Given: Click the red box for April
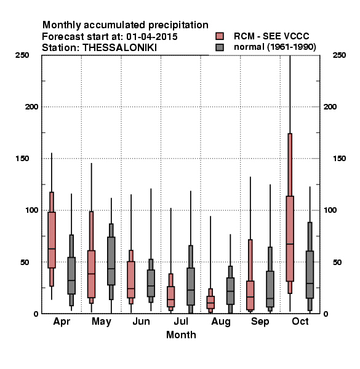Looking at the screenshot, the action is (x=52, y=240).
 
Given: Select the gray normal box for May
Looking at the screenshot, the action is (x=111, y=261).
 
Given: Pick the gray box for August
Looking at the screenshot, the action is (x=230, y=291).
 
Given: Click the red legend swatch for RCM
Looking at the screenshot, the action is (x=220, y=36).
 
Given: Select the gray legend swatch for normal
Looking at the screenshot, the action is (x=220, y=47).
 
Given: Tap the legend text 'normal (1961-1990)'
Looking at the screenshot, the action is (x=274, y=47).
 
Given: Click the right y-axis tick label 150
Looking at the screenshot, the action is (x=339, y=159).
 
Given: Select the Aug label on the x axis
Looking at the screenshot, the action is (x=221, y=322).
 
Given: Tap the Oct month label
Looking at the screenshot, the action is (x=300, y=321).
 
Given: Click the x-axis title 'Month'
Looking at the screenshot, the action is (x=181, y=335).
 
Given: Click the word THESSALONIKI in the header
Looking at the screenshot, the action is (x=119, y=48).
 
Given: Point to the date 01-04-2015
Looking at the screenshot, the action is (x=152, y=37).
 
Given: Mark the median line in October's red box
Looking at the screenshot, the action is (x=290, y=244).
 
